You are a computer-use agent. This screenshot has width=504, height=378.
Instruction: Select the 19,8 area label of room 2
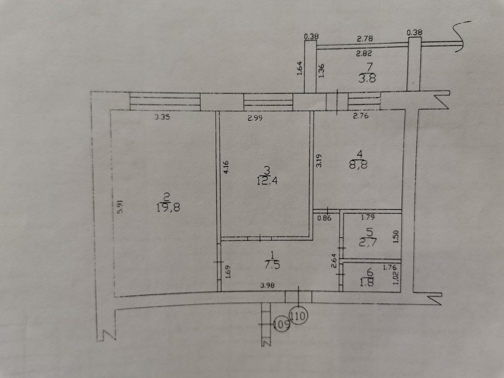coord(168,208)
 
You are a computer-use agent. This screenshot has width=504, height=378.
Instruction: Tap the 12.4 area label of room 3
coord(267,181)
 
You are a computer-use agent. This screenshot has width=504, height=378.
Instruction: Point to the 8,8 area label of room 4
coord(358,165)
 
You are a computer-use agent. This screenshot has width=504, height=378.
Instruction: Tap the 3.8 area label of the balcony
coord(367,78)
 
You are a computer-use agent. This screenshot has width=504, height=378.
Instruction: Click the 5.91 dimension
coord(120,207)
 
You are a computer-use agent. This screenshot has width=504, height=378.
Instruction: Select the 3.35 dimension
coord(162,117)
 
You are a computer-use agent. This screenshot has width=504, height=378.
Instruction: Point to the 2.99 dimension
coord(255,118)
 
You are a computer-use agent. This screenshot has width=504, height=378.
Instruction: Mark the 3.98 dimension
coord(267,285)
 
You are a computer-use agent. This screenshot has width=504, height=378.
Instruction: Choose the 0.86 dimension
coord(324,218)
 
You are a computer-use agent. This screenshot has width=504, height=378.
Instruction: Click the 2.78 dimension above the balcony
coord(365,39)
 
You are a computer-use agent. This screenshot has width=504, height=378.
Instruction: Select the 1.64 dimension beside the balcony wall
coord(300,68)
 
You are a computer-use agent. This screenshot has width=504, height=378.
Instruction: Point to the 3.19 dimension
coord(318,161)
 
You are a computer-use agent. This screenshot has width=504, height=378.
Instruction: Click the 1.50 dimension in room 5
coord(396,237)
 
